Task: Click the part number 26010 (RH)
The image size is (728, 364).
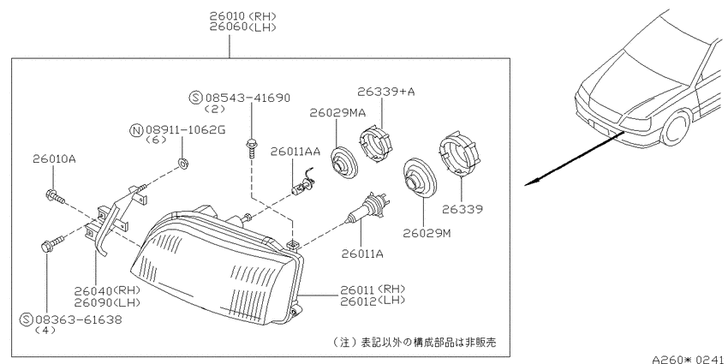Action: coord(243,15)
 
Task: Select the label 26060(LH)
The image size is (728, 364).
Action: coord(243,27)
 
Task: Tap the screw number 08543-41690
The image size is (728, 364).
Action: coord(248,98)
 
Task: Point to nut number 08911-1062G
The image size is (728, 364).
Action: coord(185,130)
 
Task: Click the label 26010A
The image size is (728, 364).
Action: coord(54,158)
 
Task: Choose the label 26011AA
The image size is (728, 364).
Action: coord(295,152)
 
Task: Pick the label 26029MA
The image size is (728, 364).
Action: coord(337,113)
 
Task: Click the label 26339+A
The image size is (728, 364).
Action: coord(385,92)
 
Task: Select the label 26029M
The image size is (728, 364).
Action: coord(427,233)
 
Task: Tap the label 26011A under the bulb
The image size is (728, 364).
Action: coord(362,254)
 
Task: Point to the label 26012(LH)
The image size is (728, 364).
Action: coord(373,301)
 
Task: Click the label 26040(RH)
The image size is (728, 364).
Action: coord(107,291)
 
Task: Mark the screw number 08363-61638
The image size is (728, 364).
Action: coord(79,319)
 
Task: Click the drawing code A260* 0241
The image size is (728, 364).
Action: coord(690,359)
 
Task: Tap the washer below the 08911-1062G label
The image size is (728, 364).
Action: coord(183,163)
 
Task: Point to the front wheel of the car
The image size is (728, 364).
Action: coord(676,129)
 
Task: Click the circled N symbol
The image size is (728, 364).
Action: coord(136,130)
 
